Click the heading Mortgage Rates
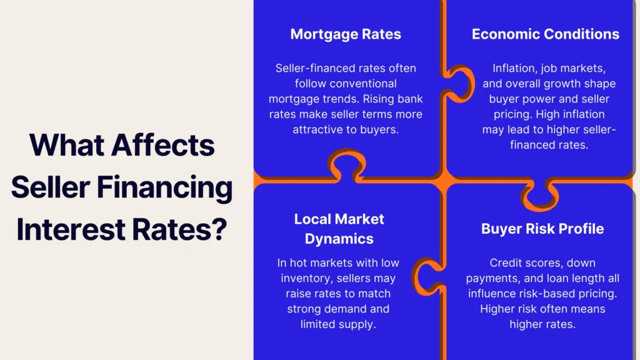[x=345, y=34]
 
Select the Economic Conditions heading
[x=545, y=34]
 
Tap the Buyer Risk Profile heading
[x=542, y=229]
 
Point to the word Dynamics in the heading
[x=339, y=239]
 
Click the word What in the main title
[x=66, y=145]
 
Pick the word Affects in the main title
[x=163, y=145]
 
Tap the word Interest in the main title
[x=71, y=229]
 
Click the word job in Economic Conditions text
[x=550, y=69]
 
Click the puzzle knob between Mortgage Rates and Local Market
[x=347, y=164]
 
